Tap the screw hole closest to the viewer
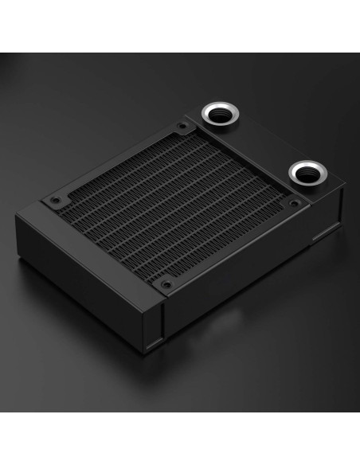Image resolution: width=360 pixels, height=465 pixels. (x=165, y=284)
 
